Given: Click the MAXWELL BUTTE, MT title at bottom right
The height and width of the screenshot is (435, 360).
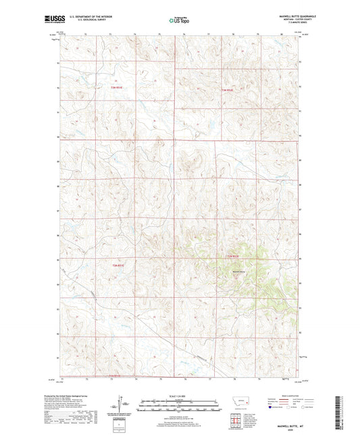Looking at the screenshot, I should pyautogui.click(x=290, y=421).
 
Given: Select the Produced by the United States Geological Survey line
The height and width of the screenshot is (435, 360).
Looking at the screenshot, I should pyautogui.click(x=74, y=396).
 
